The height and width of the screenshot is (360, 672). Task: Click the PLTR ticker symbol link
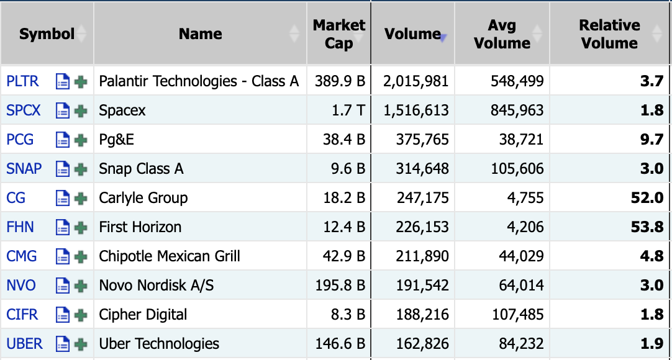tap(22, 81)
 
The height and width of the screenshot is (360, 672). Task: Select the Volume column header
tap(412, 34)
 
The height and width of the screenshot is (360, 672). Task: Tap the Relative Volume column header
tap(609, 34)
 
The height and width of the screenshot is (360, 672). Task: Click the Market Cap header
tap(338, 34)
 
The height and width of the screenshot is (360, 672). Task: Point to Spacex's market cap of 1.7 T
tap(348, 110)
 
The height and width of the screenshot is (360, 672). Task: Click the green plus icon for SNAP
tap(81, 169)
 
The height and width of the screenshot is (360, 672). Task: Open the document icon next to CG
tap(63, 198)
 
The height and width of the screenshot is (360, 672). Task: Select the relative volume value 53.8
tap(647, 227)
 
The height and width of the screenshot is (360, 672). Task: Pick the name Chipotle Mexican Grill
tap(170, 256)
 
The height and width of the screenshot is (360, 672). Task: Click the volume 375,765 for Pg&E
tap(422, 140)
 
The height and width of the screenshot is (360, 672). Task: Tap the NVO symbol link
tap(21, 285)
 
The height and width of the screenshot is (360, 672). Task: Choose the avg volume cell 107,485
tap(518, 315)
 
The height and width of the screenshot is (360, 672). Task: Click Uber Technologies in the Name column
tap(159, 344)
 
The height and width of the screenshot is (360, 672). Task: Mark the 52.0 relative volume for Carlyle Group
tap(647, 198)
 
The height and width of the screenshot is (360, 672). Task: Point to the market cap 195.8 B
tap(340, 285)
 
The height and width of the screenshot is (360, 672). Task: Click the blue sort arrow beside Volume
tap(443, 38)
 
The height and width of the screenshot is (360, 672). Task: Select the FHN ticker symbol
tap(20, 227)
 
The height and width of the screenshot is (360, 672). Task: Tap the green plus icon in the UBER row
tap(81, 344)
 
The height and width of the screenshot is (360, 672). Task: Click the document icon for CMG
tap(63, 256)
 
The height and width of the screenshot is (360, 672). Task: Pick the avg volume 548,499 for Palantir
tap(517, 81)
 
